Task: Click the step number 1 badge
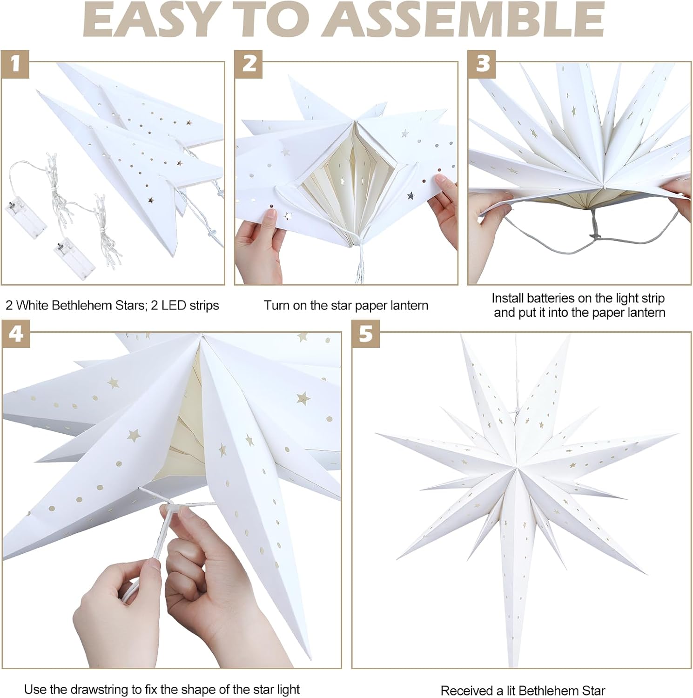15,63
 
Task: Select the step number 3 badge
482,63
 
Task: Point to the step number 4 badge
16,334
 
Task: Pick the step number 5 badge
366,334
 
